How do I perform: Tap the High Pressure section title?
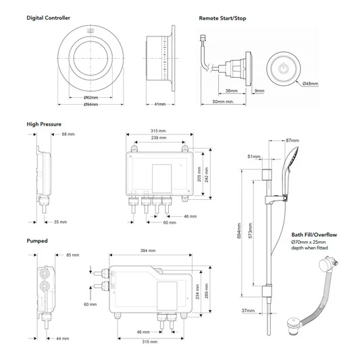click(45, 124)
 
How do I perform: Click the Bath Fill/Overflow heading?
click(315, 234)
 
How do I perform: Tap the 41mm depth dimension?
click(160, 105)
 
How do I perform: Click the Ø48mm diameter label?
click(310, 83)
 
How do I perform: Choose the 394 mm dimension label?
click(147, 251)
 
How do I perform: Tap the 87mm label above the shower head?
click(292, 140)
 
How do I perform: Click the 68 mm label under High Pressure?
click(68, 134)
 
